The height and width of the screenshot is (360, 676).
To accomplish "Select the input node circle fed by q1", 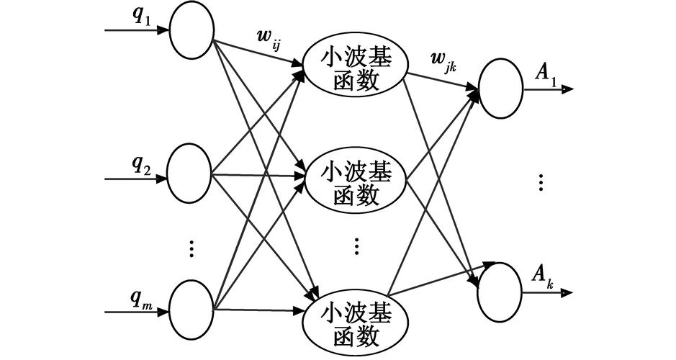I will [190, 31].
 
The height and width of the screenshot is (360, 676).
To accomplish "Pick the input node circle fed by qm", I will [190, 310].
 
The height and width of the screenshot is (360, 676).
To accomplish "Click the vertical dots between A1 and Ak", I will [541, 181].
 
